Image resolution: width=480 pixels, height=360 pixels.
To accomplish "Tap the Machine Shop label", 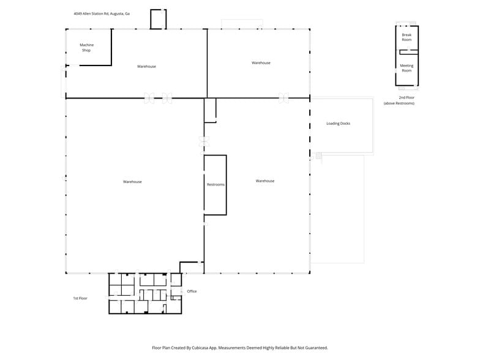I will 86,47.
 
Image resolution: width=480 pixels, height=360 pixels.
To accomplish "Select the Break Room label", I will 407,37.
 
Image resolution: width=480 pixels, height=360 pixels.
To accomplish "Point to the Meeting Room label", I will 407,68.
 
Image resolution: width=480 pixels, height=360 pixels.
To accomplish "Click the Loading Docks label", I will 338,124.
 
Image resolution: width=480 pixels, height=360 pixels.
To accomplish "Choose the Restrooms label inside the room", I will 216,184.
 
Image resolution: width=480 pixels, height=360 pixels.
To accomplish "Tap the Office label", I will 192,291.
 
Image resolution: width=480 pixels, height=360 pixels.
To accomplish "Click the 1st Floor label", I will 80,298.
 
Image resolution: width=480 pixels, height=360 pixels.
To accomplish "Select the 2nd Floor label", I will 407,97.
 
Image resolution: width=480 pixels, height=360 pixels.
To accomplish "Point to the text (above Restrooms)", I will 399,103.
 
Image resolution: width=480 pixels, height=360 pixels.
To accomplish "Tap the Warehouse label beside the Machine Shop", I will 146,66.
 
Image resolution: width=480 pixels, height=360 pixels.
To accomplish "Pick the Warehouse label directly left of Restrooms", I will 132,182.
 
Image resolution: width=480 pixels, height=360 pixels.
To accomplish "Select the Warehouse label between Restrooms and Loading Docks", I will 265,181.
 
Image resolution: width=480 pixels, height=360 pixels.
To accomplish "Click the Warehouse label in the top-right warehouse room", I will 261,62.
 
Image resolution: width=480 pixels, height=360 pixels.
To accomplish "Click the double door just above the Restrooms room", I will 204,141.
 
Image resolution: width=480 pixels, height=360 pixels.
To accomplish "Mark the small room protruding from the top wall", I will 158,19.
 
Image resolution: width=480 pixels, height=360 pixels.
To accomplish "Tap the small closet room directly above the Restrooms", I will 210,110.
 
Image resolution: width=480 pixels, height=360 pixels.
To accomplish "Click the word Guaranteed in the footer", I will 314,347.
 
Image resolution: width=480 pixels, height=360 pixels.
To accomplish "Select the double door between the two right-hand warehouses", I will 283,97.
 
